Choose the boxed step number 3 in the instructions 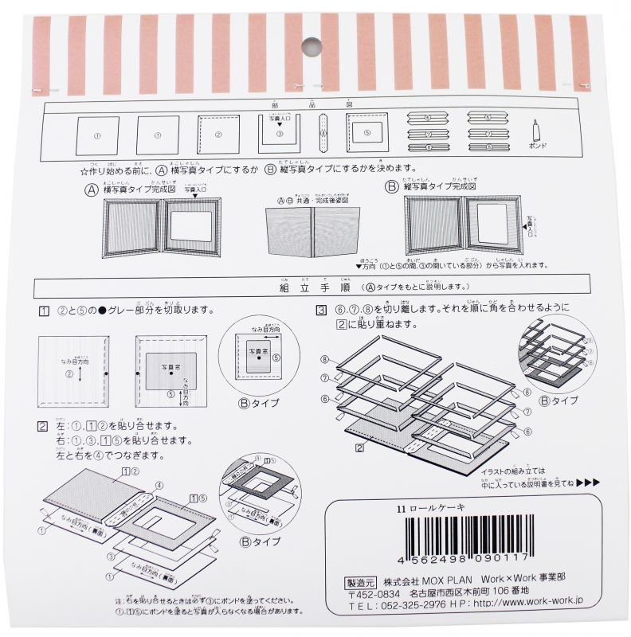tap(321, 311)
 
